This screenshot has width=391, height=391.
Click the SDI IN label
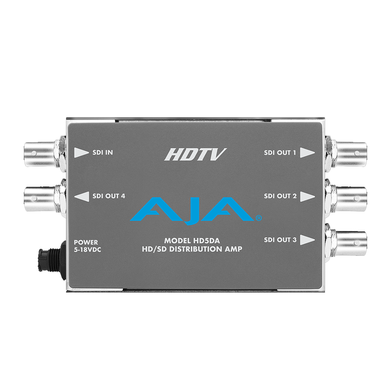point(102,152)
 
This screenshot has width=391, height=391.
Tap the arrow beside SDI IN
point(81,152)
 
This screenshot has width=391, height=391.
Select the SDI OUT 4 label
point(109,196)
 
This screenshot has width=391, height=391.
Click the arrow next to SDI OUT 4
point(82,196)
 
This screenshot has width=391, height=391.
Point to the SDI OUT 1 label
point(280,152)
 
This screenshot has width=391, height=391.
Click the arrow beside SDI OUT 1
point(307,152)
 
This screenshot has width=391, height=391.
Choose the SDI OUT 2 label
point(280,196)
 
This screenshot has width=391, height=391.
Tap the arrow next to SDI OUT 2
point(307,197)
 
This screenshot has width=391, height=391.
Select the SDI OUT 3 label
point(280,240)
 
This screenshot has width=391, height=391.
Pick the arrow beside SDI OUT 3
point(307,240)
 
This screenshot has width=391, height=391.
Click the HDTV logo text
point(195,154)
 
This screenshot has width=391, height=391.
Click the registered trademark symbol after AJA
point(259,218)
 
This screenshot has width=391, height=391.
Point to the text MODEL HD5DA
point(192,241)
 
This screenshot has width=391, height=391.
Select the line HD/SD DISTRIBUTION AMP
point(192,249)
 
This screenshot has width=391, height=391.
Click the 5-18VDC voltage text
point(88,249)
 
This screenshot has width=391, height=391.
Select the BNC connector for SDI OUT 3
point(346,240)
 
